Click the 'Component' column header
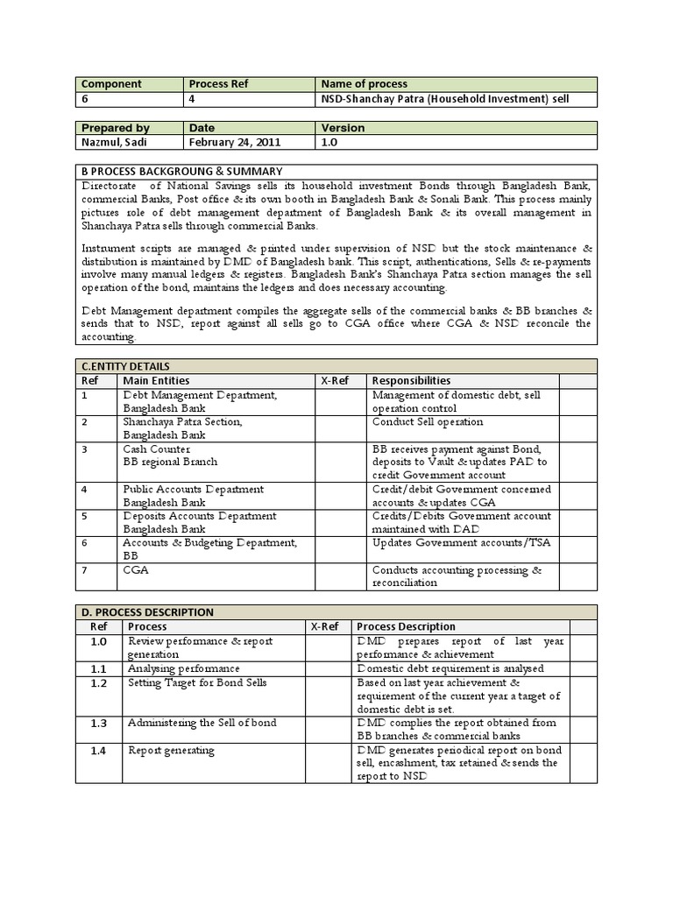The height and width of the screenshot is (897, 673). (x=111, y=84)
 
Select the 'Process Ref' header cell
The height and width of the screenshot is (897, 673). (x=219, y=84)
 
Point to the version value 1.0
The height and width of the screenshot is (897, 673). (x=330, y=142)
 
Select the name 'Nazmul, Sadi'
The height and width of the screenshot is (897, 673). (x=115, y=142)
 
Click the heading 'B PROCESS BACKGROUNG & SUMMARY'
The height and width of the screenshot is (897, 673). (x=181, y=171)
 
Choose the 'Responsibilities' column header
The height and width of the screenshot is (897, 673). (x=411, y=380)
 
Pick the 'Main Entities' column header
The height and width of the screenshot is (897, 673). (x=156, y=380)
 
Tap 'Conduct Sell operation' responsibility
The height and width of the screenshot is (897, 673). (x=428, y=421)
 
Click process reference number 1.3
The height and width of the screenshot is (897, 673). (x=98, y=723)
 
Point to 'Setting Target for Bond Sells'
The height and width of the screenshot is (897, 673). (x=197, y=682)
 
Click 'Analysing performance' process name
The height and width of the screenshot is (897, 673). (x=183, y=668)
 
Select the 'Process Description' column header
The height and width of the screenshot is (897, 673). (x=406, y=626)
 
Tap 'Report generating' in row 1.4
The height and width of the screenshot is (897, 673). (x=171, y=751)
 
